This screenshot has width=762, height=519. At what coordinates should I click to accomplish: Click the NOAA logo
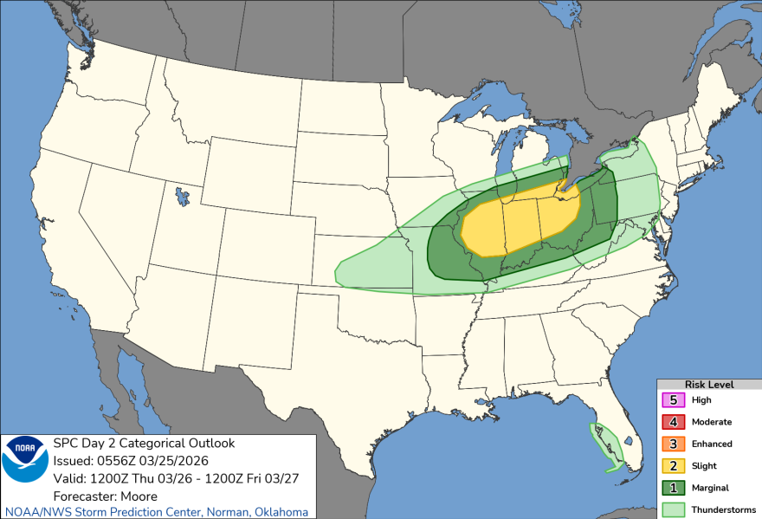point(26,459)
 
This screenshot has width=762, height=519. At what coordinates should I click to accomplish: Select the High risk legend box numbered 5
point(672,400)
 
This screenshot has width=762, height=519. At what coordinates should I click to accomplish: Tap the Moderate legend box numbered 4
point(672,422)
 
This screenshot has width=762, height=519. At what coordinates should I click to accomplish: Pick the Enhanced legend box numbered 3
point(672,444)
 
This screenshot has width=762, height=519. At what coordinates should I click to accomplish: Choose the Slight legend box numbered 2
point(672,466)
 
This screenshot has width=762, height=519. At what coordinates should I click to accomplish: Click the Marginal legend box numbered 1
point(672,488)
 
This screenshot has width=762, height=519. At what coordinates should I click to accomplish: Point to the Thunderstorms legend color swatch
point(672,509)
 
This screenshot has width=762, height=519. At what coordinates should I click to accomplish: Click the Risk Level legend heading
point(708,384)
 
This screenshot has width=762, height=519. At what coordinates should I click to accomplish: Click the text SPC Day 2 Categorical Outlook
point(144,443)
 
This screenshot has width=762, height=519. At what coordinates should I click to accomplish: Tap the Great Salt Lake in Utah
point(181,197)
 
